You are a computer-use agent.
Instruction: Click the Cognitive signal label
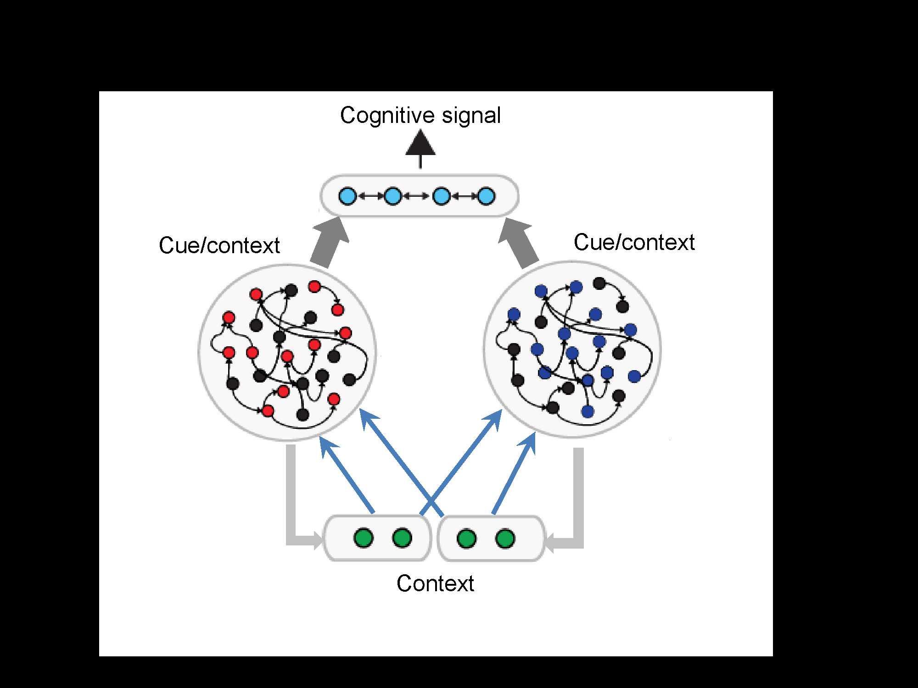pos(420,115)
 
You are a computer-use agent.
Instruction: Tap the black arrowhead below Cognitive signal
pos(420,144)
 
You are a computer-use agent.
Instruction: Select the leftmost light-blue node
pos(347,196)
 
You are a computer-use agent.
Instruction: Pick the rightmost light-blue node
pos(487,196)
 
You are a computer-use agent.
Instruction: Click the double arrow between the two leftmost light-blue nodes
pos(370,196)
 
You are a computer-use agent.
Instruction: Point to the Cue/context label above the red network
pos(219,245)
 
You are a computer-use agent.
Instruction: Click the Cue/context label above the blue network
pos(634,242)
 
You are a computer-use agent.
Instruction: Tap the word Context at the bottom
pos(435,583)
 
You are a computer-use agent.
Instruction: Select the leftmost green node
pos(364,538)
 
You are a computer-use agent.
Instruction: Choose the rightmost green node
pos(505,538)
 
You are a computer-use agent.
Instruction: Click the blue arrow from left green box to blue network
pos(459,463)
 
